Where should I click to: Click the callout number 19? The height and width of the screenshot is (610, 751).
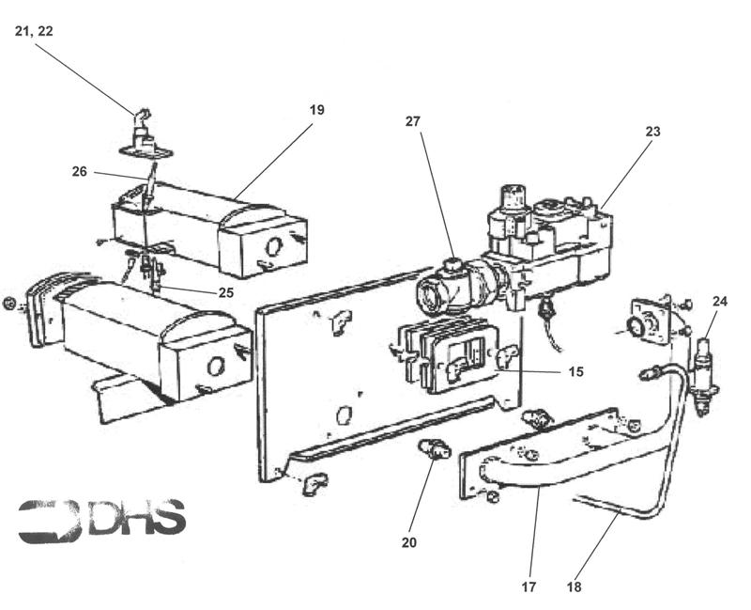[x=316, y=110]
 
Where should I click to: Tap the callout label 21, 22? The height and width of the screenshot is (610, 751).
[x=34, y=31]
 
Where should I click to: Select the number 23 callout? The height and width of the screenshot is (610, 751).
[x=651, y=132]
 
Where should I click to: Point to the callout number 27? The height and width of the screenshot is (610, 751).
[x=413, y=121]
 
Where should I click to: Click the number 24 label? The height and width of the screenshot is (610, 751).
[x=719, y=302]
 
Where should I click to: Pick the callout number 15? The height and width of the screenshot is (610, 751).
[x=575, y=372]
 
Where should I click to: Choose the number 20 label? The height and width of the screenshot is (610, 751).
[x=408, y=542]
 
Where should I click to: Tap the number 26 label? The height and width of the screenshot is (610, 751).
[x=79, y=171]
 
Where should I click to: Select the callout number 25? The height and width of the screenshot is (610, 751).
[x=225, y=292]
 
